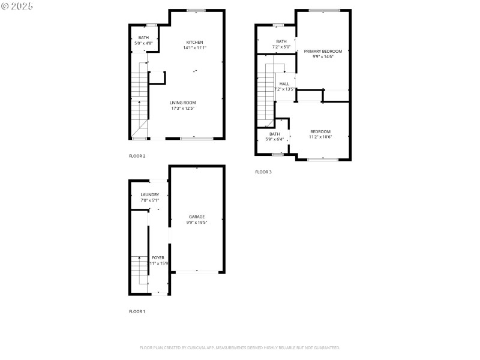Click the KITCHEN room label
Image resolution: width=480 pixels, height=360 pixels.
pos(194,42)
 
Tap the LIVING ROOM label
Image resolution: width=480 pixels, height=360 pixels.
pos(182,103)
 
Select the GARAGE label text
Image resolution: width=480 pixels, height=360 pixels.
pos(197,217)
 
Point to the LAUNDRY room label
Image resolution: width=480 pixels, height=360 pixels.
pos(149,194)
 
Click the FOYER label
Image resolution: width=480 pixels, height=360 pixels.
pos(158,257)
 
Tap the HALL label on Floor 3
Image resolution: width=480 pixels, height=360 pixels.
pos(284,84)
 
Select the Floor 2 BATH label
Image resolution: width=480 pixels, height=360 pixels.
pos(143,38)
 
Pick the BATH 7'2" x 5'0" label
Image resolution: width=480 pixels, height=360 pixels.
pos(281,41)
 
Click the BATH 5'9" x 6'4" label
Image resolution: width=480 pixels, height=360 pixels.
pos(274,134)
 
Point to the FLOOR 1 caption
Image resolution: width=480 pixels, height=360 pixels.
pos(137,311)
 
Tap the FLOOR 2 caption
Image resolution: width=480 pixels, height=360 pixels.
pos(137,156)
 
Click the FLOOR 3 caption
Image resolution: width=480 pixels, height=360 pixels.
pos(263,172)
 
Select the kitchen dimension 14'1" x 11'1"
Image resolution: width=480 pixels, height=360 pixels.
pos(194,48)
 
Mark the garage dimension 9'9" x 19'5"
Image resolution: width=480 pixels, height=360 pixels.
pos(197,223)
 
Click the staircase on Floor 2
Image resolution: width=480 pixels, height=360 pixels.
pos(139,96)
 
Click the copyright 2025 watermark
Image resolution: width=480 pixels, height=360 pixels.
pos(17,6)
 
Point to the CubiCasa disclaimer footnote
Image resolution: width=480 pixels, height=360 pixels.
pos(240,347)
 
